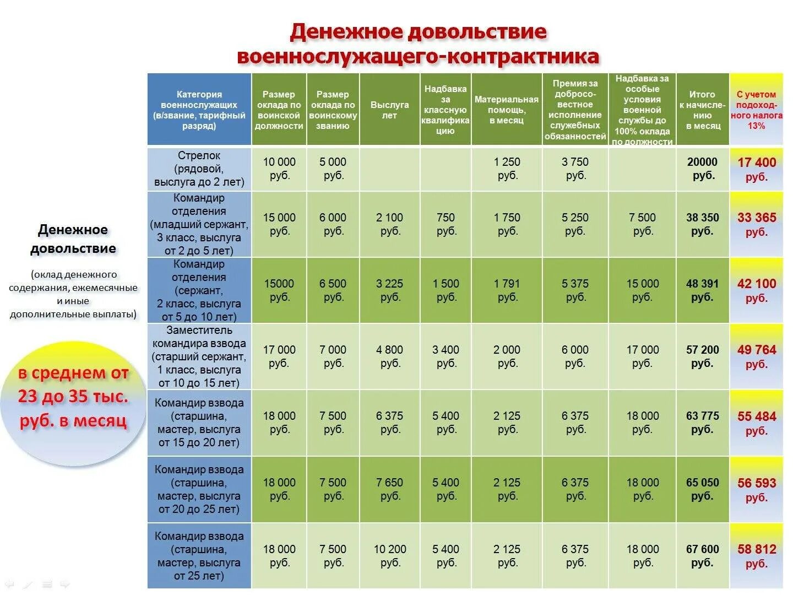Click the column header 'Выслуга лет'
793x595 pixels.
click(389, 110)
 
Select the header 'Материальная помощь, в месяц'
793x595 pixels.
click(507, 110)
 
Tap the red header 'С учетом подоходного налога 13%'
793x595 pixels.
click(756, 110)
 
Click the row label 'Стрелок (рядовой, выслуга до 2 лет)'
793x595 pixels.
click(199, 169)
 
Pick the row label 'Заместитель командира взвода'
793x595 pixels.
click(199, 356)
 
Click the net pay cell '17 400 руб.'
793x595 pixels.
click(757, 169)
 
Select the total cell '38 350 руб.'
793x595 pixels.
click(703, 224)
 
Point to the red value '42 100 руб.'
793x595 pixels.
click(757, 290)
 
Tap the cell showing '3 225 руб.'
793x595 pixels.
click(389, 290)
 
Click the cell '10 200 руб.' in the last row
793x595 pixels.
click(389, 556)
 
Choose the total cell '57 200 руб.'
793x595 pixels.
click(703, 356)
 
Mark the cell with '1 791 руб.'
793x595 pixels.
click(507, 290)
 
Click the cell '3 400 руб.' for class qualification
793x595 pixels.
click(446, 356)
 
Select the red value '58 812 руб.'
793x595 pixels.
click(757, 556)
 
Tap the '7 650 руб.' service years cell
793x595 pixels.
click(389, 489)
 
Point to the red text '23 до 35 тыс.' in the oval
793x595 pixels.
click(73, 397)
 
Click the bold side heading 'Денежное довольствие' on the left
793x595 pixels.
click(73, 239)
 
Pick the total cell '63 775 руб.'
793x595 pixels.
click(703, 423)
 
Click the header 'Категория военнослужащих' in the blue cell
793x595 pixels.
click(199, 110)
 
